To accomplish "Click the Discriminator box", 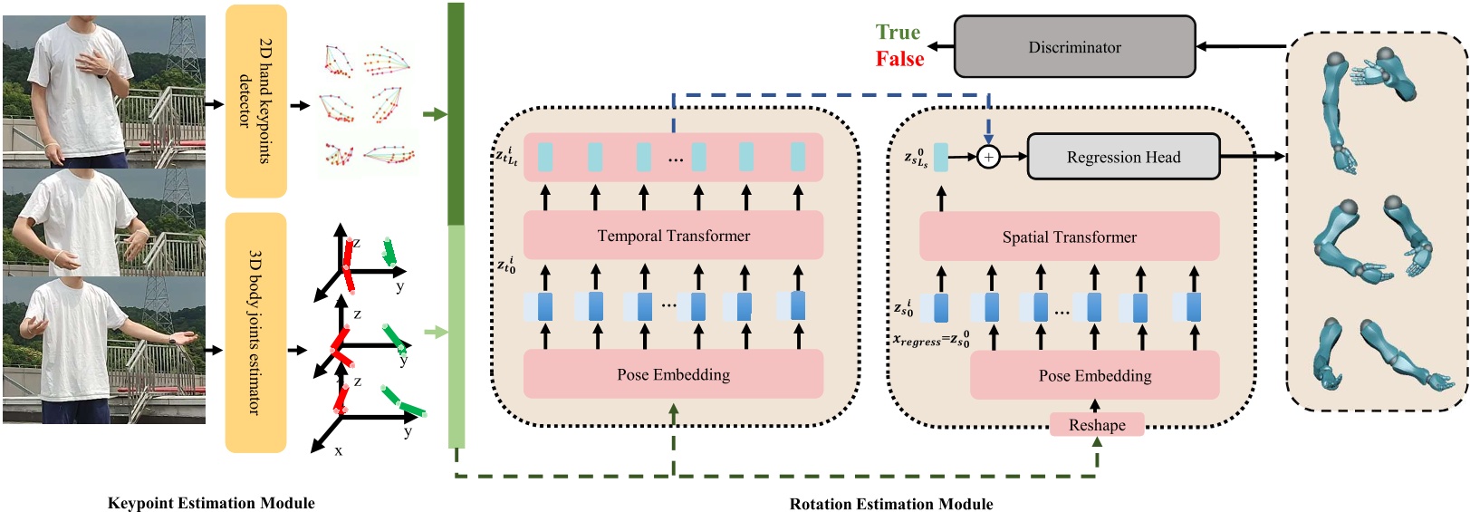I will [1074, 47].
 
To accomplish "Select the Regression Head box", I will [1123, 157].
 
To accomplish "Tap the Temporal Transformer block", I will [673, 236].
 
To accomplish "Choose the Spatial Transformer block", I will [1069, 237].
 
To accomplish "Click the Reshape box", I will [1097, 425].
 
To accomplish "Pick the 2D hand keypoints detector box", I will [255, 101].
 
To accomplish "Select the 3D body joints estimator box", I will [255, 333].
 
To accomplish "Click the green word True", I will [898, 33].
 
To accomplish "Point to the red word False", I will [899, 59].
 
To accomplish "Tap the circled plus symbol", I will [988, 157].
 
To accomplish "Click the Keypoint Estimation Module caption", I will [211, 503].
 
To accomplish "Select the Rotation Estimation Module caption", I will [891, 504].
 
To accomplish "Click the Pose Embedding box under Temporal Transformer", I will [673, 374].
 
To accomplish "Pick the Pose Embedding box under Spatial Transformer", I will [1095, 375].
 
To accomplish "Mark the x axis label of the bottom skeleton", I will [339, 450].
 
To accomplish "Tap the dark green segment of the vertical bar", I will [456, 113].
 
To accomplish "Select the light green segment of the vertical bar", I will [456, 335].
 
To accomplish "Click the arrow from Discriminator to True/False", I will [941, 46].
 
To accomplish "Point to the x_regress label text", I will [930, 341].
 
